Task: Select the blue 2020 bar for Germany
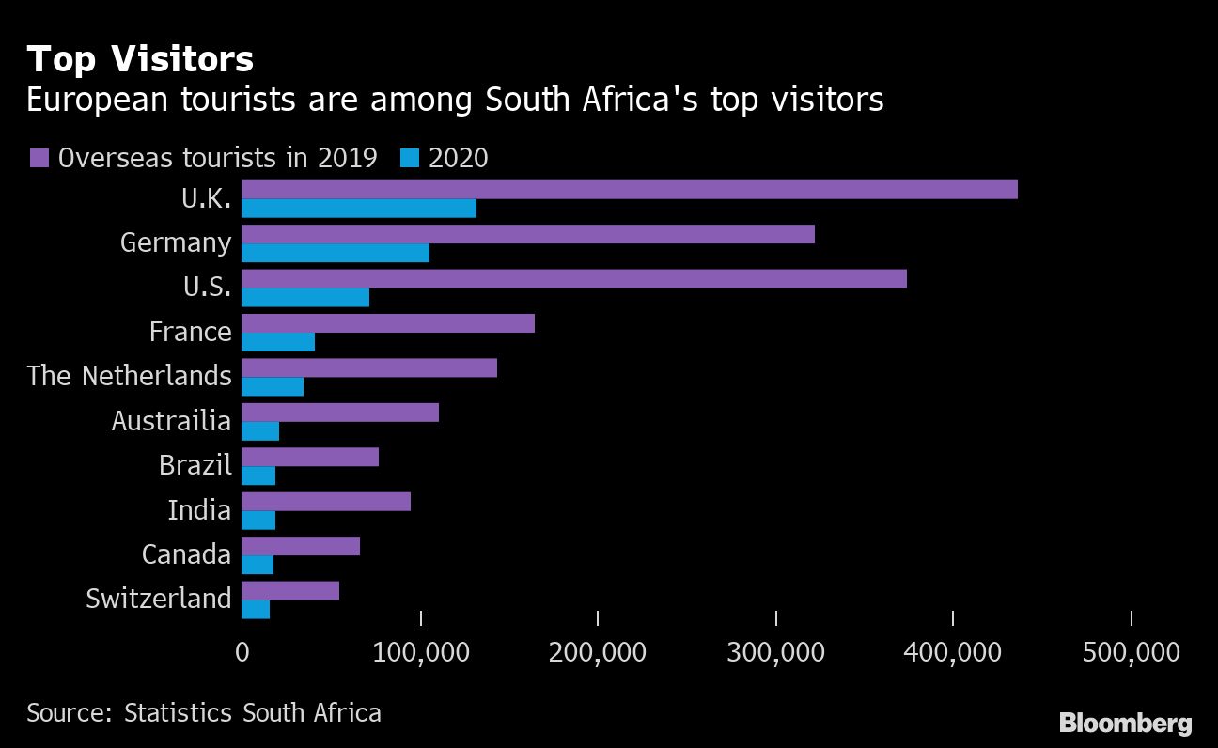tap(336, 253)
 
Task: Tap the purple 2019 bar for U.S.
tap(574, 278)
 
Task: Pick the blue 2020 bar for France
tap(278, 342)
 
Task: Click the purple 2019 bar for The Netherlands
tap(369, 367)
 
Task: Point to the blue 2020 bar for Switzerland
tap(256, 609)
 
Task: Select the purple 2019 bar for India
tap(326, 502)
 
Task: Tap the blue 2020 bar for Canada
tap(258, 565)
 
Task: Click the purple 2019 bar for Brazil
tap(310, 457)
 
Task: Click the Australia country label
tap(171, 420)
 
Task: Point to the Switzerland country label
tap(158, 599)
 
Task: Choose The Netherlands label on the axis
tap(129, 376)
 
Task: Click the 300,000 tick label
tap(775, 651)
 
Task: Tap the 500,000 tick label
tap(1131, 651)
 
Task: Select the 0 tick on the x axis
tap(242, 651)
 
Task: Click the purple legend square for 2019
tap(39, 158)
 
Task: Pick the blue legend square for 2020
tap(410, 158)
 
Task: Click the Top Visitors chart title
tap(140, 60)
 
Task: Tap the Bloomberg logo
tap(1125, 724)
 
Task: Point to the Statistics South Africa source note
tap(204, 712)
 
